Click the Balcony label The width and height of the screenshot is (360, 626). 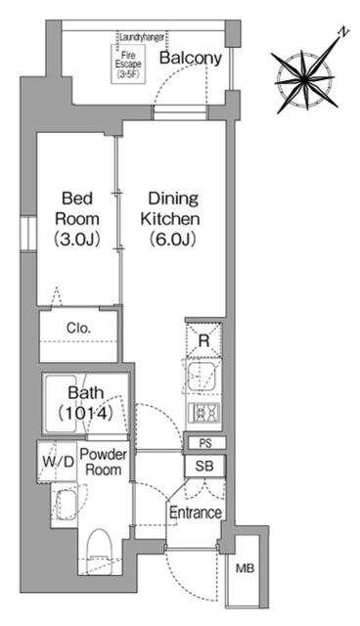(x=191, y=58)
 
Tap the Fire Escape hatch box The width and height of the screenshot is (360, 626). (x=128, y=64)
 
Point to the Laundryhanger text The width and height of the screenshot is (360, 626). (x=142, y=37)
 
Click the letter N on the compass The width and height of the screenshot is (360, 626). (x=343, y=33)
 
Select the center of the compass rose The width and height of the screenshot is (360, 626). (x=305, y=80)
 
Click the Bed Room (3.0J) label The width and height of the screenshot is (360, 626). (x=77, y=219)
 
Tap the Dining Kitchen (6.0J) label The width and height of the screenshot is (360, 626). (x=172, y=219)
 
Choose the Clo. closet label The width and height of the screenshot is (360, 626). (x=78, y=329)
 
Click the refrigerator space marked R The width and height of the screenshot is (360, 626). (x=203, y=340)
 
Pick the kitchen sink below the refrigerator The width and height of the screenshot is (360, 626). (x=202, y=378)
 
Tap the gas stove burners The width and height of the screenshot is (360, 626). (x=203, y=412)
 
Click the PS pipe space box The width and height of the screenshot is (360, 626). (x=205, y=443)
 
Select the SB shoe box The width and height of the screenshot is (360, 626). (x=204, y=466)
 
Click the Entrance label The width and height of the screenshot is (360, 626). (x=196, y=513)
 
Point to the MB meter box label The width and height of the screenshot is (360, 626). (x=245, y=568)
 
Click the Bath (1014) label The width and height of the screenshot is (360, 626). (x=85, y=403)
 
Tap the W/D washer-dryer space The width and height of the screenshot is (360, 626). (x=59, y=462)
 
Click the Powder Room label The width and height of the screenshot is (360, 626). (x=104, y=462)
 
